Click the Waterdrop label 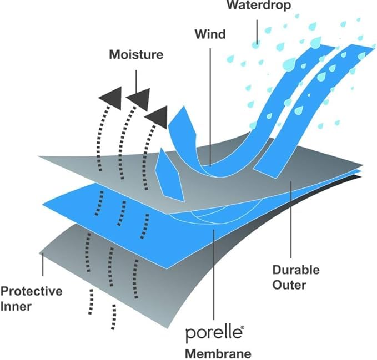[x=259, y=5]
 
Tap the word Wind [x=210, y=34]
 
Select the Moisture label [x=136, y=54]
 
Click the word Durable [x=296, y=270]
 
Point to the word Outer [x=289, y=285]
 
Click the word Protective [x=31, y=291]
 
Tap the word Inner [x=16, y=306]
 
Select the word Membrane [x=218, y=353]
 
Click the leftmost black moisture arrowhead [x=112, y=99]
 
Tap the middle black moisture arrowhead [x=140, y=99]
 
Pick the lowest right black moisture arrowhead [x=157, y=117]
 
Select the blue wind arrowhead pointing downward [x=169, y=175]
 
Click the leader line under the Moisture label [x=137, y=82]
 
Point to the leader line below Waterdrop [x=257, y=32]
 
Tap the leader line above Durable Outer [x=291, y=220]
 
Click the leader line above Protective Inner [x=43, y=265]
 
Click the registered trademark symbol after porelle [x=242, y=327]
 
